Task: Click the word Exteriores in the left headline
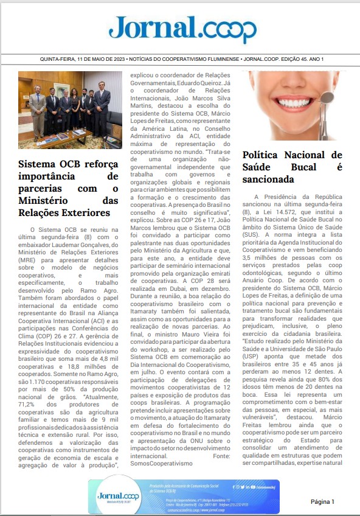81,213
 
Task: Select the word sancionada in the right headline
268,180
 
